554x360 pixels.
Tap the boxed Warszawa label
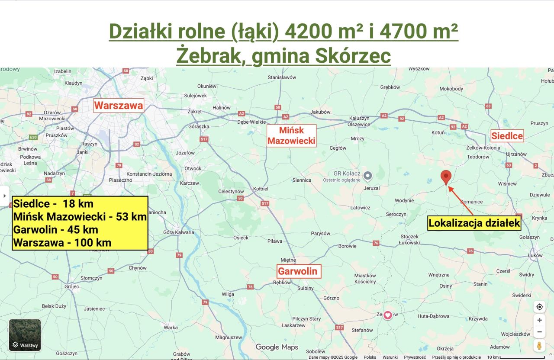point(119,105)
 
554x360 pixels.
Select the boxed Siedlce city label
point(507,136)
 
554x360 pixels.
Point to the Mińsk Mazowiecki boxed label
point(291,135)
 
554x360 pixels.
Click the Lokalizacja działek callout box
point(474,223)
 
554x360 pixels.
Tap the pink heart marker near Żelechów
point(388,315)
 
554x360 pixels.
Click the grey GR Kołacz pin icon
point(367,176)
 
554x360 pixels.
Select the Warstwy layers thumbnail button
point(25,335)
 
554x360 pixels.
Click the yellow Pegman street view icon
point(539,346)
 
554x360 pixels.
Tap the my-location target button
point(539,307)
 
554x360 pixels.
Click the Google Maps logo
point(277,347)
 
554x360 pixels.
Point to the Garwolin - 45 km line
point(56,229)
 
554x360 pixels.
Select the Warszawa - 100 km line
point(62,242)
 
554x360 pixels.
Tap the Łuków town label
point(535,255)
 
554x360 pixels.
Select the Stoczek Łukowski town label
point(409,240)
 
